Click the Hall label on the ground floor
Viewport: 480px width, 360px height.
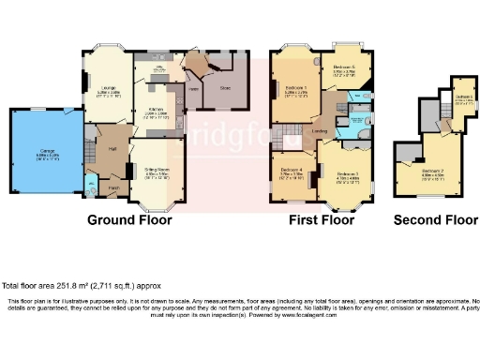pos(112,149)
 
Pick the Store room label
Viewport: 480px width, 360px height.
pos(225,88)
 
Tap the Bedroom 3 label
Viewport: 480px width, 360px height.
pos(347,174)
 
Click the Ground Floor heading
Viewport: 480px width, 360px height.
pos(129,222)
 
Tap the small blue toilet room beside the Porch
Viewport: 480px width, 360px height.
pos(90,184)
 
